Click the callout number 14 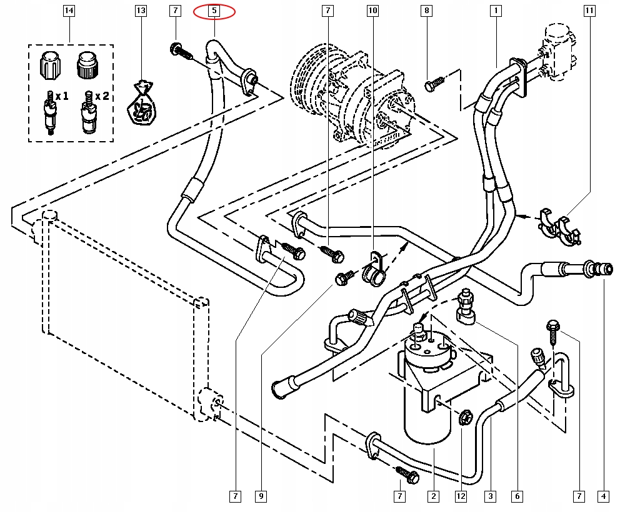[x=69, y=11]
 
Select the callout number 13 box [x=141, y=11]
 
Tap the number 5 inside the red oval [x=214, y=11]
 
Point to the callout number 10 [x=372, y=11]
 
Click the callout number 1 [x=496, y=11]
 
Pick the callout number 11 [x=589, y=11]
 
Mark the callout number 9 [x=261, y=496]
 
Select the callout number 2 [x=432, y=496]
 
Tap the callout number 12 [x=461, y=496]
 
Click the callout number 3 [x=491, y=496]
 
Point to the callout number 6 [x=517, y=496]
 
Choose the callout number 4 [x=604, y=496]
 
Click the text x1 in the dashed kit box [x=62, y=97]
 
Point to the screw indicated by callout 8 [x=434, y=82]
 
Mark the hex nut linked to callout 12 [x=464, y=418]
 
